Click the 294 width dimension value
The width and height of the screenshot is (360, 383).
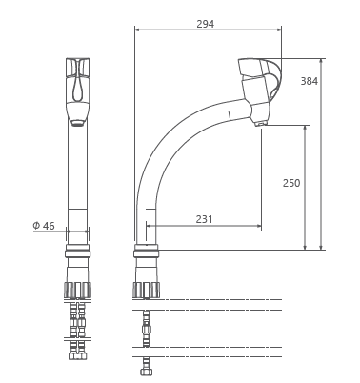point(205,24)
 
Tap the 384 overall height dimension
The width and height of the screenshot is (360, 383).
point(310,81)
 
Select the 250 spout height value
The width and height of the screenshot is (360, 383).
point(291,183)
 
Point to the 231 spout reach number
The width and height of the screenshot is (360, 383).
point(204,219)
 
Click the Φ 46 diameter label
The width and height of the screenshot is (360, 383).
point(44,226)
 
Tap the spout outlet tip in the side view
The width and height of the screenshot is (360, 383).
point(259,124)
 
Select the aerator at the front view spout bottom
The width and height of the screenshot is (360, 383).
point(77,123)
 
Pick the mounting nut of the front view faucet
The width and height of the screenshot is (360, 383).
point(77,290)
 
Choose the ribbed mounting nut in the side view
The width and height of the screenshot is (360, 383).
point(146,290)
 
